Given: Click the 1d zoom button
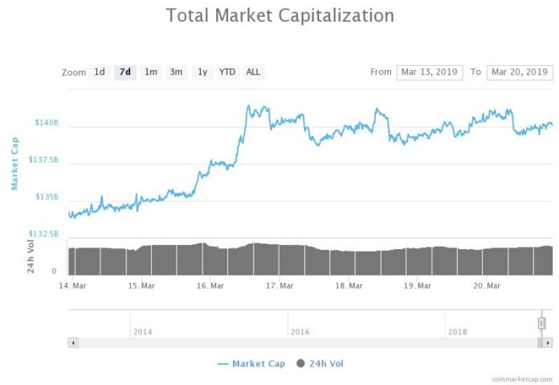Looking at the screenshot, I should click(x=100, y=72).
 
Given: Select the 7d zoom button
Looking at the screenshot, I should click(x=124, y=72).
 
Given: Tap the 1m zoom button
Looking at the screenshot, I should click(x=150, y=72).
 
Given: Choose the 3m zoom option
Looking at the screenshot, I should click(x=176, y=72).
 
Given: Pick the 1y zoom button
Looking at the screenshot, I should click(x=202, y=72).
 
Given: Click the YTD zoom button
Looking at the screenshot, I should click(x=227, y=72).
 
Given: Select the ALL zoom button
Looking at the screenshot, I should click(x=253, y=72).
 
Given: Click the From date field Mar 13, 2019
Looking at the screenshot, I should click(x=430, y=72).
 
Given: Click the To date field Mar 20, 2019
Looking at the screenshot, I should click(x=520, y=72).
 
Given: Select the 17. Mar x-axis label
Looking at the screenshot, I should click(x=279, y=285).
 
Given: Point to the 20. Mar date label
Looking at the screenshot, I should click(x=487, y=285).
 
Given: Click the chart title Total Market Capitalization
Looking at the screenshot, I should click(x=279, y=15).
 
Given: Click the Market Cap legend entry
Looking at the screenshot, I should click(x=251, y=364).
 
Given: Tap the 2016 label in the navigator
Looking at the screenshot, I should click(x=300, y=331).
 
